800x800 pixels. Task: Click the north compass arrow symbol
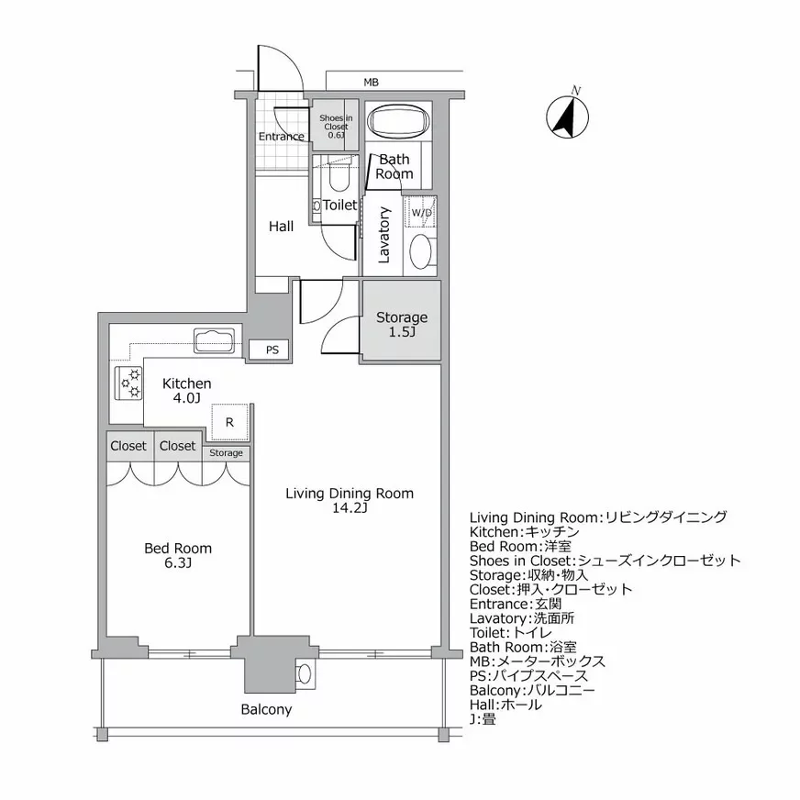[566, 117]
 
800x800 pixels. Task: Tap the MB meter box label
[371, 83]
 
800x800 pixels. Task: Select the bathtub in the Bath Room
[398, 121]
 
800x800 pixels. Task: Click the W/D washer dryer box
[422, 213]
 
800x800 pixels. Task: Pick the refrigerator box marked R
[229, 422]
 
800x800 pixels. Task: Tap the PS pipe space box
[272, 350]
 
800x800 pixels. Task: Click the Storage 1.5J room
[401, 324]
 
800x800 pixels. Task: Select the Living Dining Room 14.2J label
[350, 501]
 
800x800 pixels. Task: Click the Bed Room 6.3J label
[178, 555]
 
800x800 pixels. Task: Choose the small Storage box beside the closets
[226, 452]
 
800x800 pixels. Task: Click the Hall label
[281, 226]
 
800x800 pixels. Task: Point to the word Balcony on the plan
[266, 709]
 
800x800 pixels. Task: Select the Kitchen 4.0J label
[187, 390]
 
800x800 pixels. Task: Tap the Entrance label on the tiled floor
[281, 137]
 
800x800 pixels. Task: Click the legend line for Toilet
[511, 633]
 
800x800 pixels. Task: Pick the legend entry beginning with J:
[483, 719]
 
